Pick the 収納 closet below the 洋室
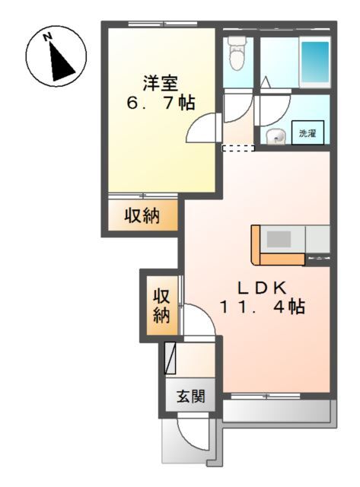(x=142, y=216)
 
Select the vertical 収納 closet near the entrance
(x=161, y=305)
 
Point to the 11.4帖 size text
(x=263, y=307)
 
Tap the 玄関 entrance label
(x=190, y=396)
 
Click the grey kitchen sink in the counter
(x=279, y=237)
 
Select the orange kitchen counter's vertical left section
(x=256, y=245)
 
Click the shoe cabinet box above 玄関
(x=171, y=358)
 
